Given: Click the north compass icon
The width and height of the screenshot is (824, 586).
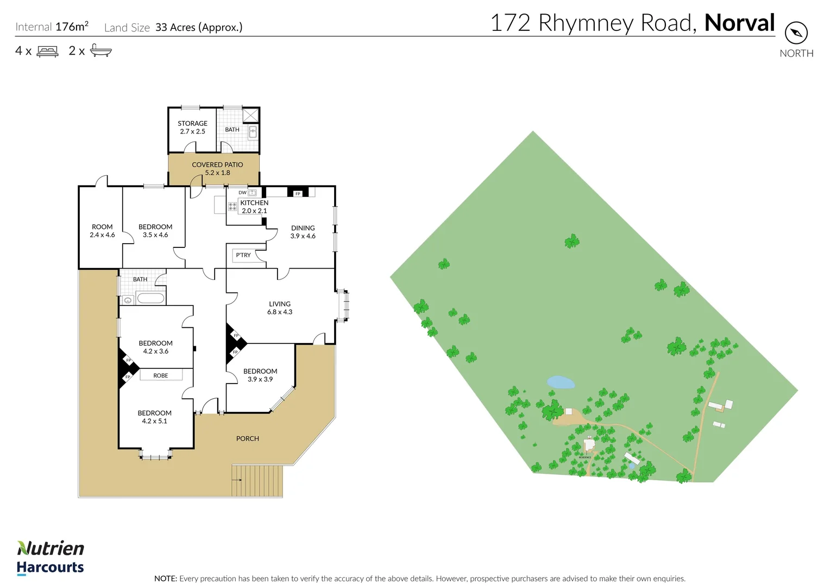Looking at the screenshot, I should pos(796,33).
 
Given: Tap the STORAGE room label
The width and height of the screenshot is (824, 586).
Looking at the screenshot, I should pos(192,128).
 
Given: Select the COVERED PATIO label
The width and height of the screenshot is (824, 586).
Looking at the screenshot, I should pos(217,168).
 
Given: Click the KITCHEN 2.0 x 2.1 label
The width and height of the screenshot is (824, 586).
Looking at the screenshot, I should pos(254,207).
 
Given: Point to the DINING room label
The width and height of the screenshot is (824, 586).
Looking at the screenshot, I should pos(303,232).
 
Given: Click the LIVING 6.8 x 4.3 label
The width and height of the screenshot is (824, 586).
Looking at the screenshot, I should pos(280,308).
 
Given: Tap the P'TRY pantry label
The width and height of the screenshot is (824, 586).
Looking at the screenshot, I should pos(243,255).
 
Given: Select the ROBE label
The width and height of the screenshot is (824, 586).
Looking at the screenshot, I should pos(161,375).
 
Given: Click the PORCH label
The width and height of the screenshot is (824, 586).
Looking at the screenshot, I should pos(248,438).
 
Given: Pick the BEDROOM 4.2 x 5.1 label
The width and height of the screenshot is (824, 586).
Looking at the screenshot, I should pos(154,417).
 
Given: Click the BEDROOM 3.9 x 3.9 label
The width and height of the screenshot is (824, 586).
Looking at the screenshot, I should pos(260,375).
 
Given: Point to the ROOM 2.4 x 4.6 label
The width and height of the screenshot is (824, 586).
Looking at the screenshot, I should pos(102,231).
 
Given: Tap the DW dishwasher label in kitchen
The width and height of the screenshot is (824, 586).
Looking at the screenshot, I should pos(242,193).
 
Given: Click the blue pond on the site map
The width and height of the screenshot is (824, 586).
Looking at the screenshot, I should pos(561,383).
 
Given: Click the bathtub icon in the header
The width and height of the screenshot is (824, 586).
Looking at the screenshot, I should pos(101,51).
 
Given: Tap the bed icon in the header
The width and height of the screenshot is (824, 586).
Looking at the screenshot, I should pos(48,52).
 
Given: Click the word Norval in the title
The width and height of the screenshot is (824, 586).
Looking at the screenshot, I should pos(739,23).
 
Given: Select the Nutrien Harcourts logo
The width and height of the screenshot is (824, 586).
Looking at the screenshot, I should pos(51,557).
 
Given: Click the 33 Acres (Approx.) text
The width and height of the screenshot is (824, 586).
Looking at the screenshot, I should pos(199,27).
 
